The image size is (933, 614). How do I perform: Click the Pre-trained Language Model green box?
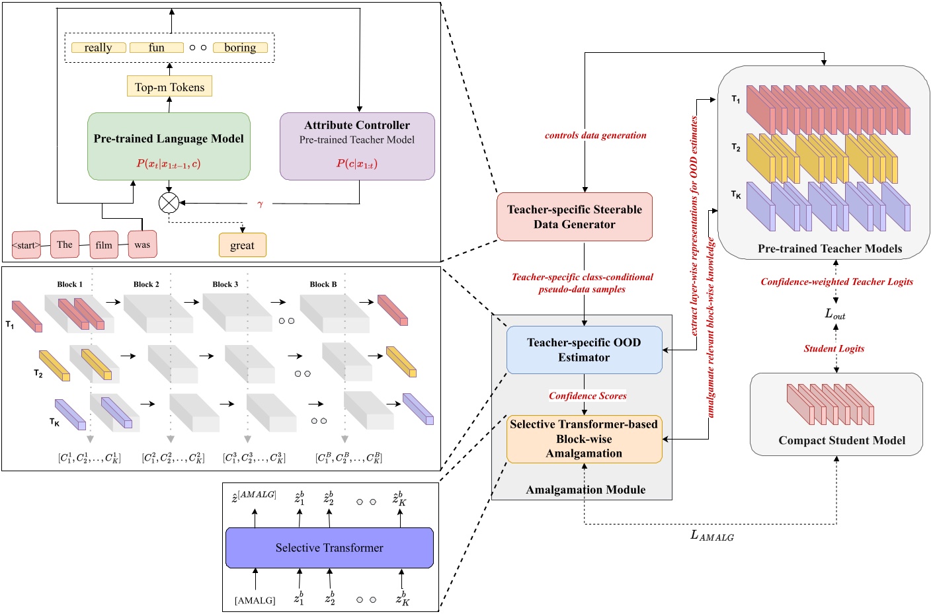pos(169,146)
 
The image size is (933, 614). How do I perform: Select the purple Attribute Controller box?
pos(357,146)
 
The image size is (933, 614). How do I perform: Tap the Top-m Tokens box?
pos(169,87)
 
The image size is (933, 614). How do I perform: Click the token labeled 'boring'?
pos(240,48)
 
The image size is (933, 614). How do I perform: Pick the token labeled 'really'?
pos(98,48)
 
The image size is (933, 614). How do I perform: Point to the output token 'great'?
pos(242,245)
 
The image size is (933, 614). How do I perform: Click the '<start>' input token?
pos(26,245)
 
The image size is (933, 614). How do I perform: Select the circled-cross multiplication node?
pos(169,203)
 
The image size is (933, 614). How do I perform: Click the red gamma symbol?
pos(260,204)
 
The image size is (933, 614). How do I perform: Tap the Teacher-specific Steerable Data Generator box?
pos(575,217)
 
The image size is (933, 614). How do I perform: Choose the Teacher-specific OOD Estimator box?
pos(584,350)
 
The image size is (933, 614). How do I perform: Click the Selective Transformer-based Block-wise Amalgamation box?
pos(584,439)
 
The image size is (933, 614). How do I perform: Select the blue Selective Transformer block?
pos(329,548)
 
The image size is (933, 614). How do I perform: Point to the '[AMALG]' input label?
pos(255,600)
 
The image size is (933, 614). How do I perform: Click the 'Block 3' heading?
pos(225,284)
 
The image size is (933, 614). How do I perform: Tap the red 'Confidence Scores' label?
pos(587,396)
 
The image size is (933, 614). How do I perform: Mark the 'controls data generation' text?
pos(595,135)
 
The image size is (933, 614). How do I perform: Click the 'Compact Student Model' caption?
pos(841,440)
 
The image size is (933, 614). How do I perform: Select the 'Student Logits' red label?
pos(834,348)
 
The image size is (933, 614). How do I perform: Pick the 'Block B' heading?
pos(323,284)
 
